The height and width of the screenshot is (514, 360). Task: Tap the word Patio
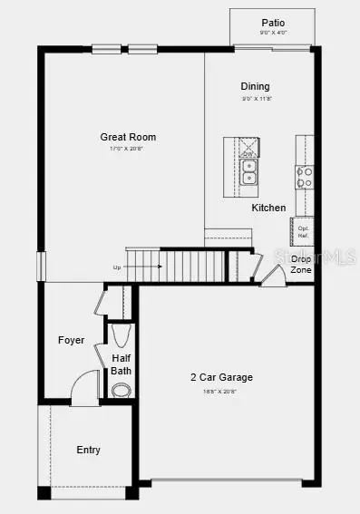(273, 22)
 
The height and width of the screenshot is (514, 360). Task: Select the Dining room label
(255, 86)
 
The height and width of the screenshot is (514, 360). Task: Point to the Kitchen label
(269, 208)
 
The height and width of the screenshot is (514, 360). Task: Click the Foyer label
(72, 340)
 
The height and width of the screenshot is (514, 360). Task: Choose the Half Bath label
(122, 364)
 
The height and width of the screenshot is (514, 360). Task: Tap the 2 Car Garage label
(221, 377)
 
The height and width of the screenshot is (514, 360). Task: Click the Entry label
(89, 450)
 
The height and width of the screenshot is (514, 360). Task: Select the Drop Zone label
(301, 265)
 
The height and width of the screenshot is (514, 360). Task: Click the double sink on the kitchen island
(248, 171)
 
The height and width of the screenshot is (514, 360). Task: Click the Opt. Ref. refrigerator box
(302, 231)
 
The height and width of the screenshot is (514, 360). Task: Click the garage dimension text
(221, 391)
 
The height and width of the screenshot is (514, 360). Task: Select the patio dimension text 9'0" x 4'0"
(273, 34)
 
